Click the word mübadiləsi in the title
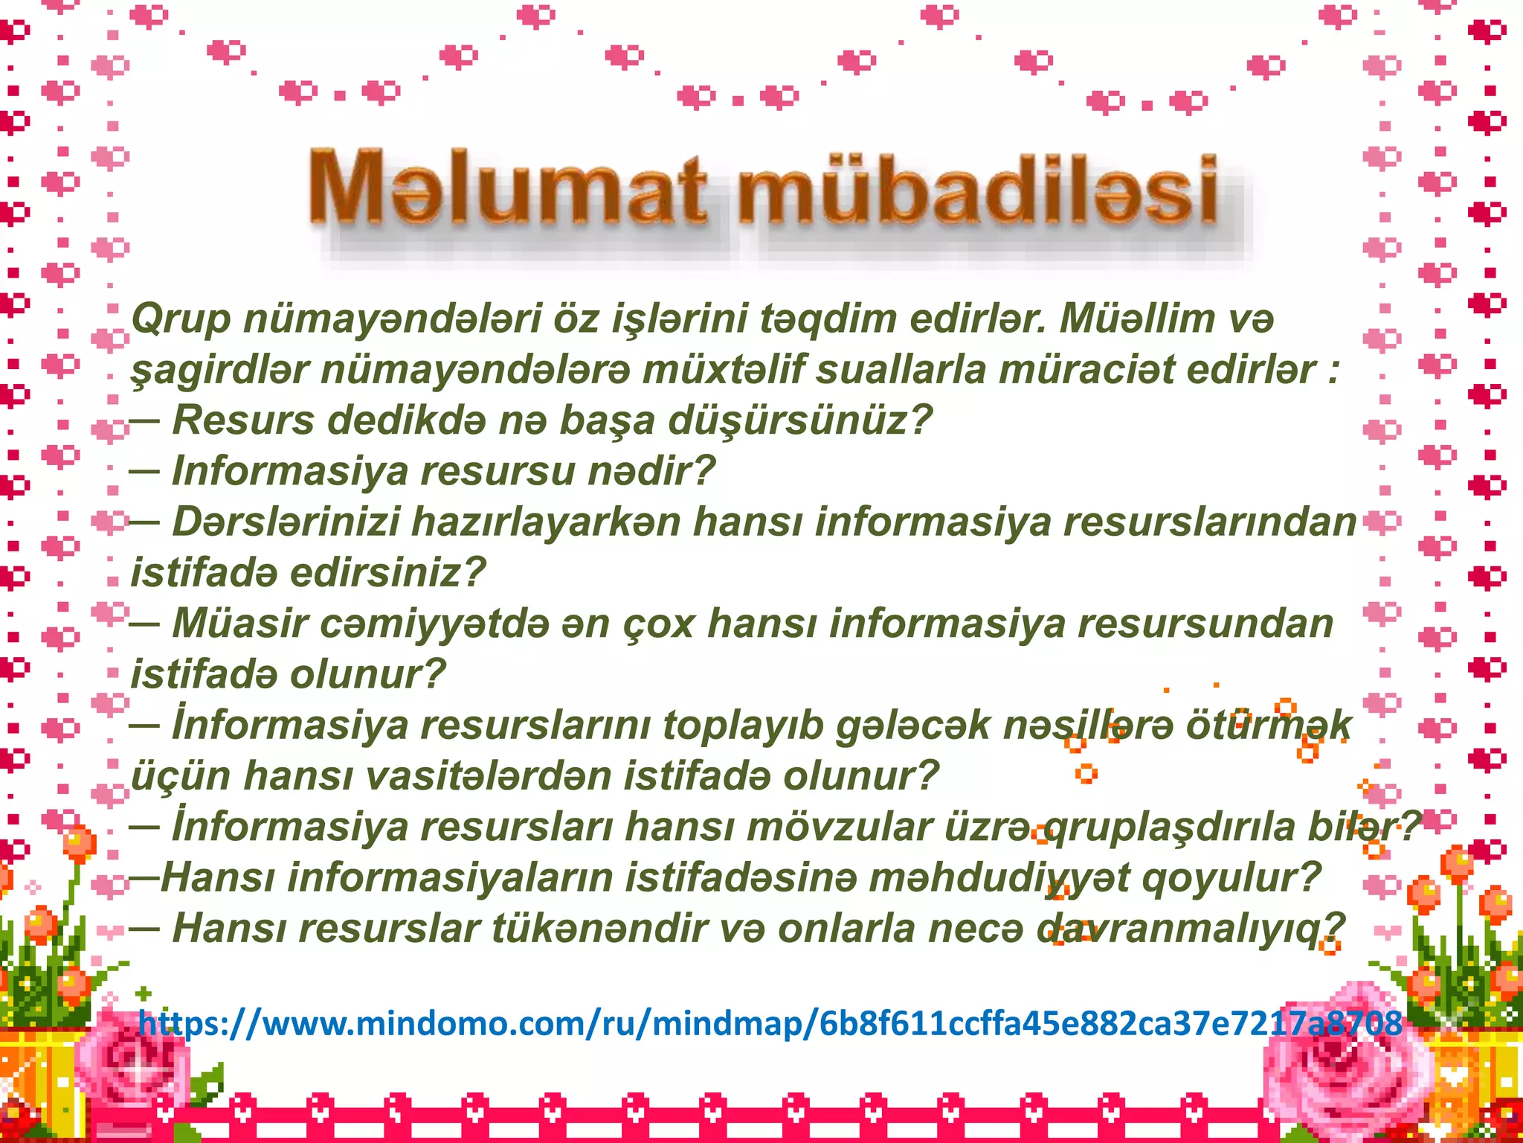(978, 189)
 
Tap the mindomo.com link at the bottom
(770, 1023)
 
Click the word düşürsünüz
(800, 421)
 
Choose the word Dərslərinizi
(286, 522)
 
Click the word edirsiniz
(387, 573)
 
